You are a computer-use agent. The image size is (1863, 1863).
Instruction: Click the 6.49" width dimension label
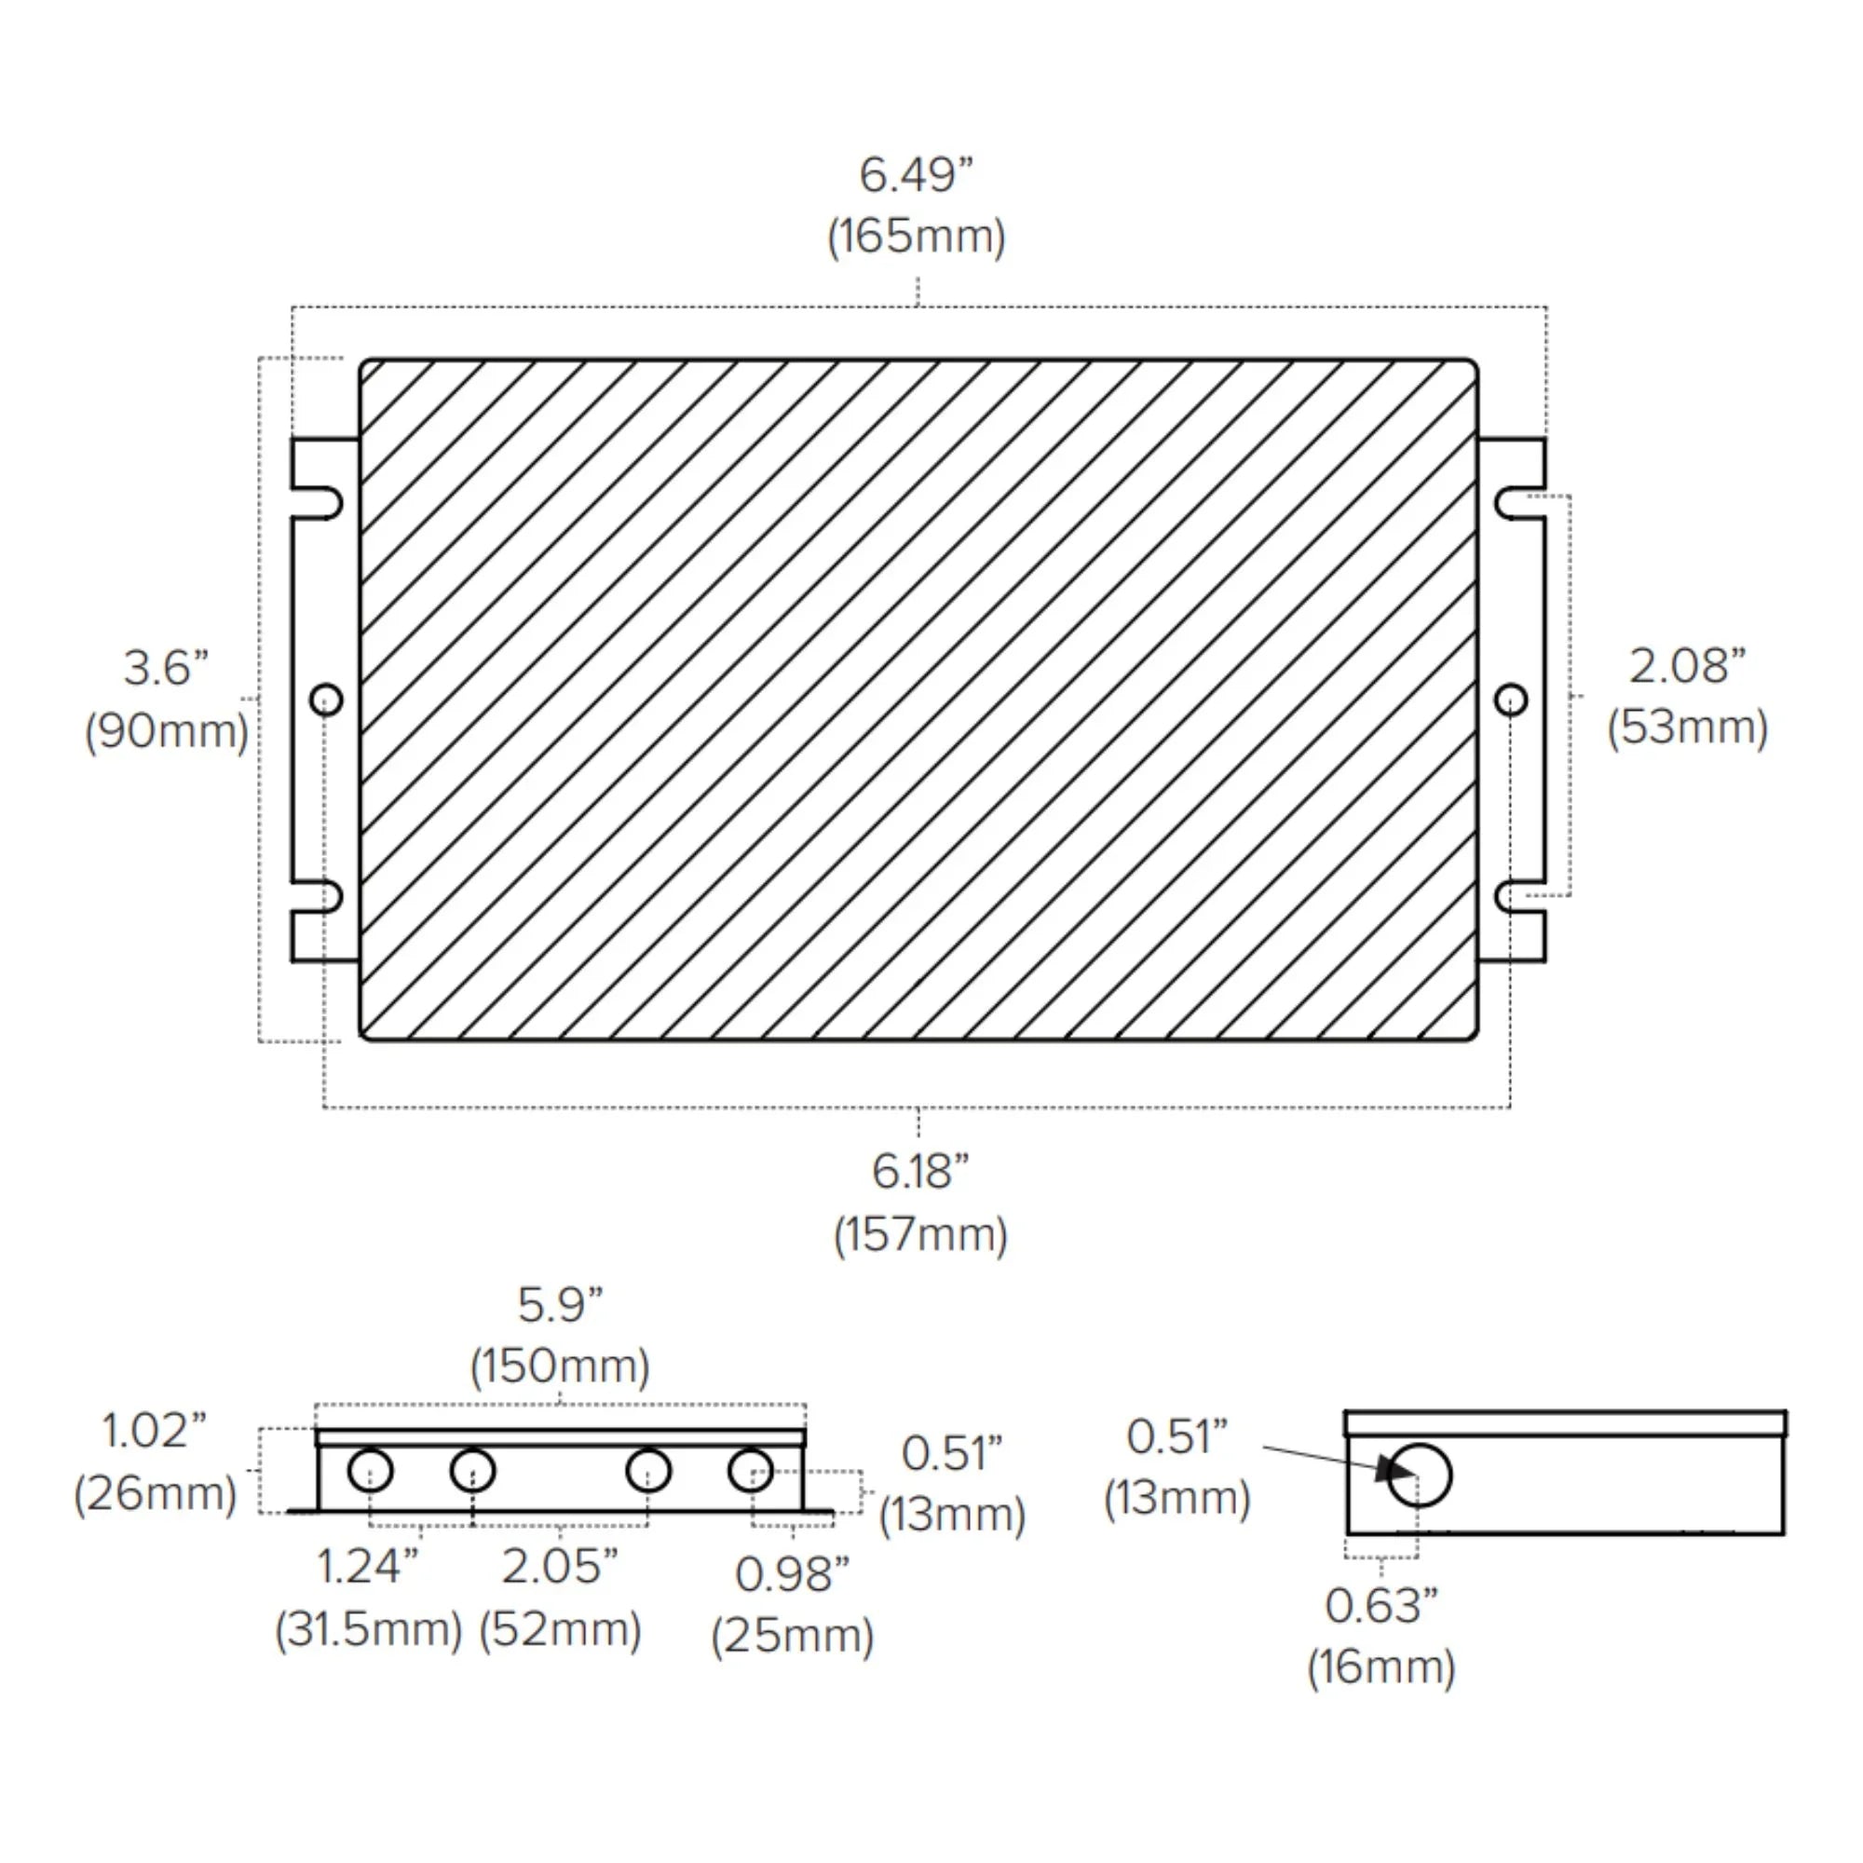[916, 175]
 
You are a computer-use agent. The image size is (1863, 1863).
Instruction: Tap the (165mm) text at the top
[916, 238]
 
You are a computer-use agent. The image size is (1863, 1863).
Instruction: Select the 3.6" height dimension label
[166, 668]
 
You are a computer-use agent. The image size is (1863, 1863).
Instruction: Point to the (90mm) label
[166, 731]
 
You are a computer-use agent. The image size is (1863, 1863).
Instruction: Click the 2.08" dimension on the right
[1687, 665]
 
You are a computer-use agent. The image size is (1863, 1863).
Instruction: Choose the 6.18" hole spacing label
[920, 1172]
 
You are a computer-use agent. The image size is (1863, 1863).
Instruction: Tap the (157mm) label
[920, 1234]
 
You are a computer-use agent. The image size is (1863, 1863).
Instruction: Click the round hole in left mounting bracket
[326, 700]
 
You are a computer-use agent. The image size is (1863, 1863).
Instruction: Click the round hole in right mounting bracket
[1510, 700]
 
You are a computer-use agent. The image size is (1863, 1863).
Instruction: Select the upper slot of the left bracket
[326, 504]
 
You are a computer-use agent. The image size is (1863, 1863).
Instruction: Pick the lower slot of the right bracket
[1512, 897]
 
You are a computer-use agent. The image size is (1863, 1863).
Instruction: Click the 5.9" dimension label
[559, 1305]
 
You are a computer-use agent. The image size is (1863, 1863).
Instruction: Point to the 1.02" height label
[155, 1430]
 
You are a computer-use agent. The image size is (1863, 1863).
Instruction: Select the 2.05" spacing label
[559, 1567]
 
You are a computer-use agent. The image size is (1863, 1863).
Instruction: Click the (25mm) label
[792, 1636]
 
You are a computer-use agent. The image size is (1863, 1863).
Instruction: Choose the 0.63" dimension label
[1380, 1606]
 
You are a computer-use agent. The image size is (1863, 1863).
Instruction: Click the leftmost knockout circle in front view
[371, 1471]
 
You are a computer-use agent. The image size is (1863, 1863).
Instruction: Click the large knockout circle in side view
[1420, 1475]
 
